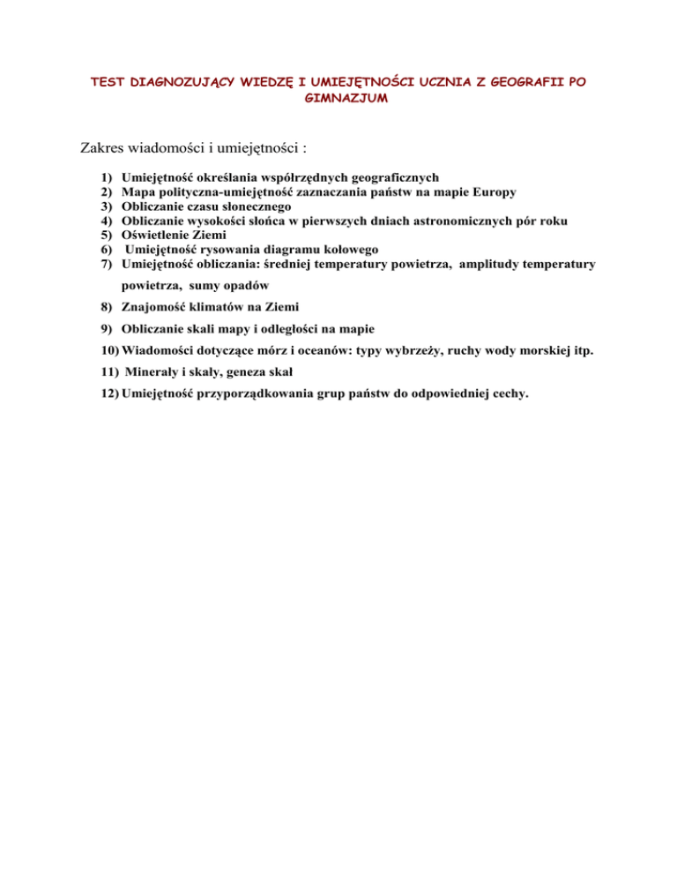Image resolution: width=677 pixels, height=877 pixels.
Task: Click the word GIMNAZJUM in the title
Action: pyautogui.click(x=338, y=99)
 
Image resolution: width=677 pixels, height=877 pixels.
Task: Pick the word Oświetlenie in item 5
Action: pyautogui.click(x=157, y=235)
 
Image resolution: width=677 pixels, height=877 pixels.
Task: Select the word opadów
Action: pyautogui.click(x=241, y=288)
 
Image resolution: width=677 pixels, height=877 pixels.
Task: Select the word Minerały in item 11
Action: pyautogui.click(x=159, y=371)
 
